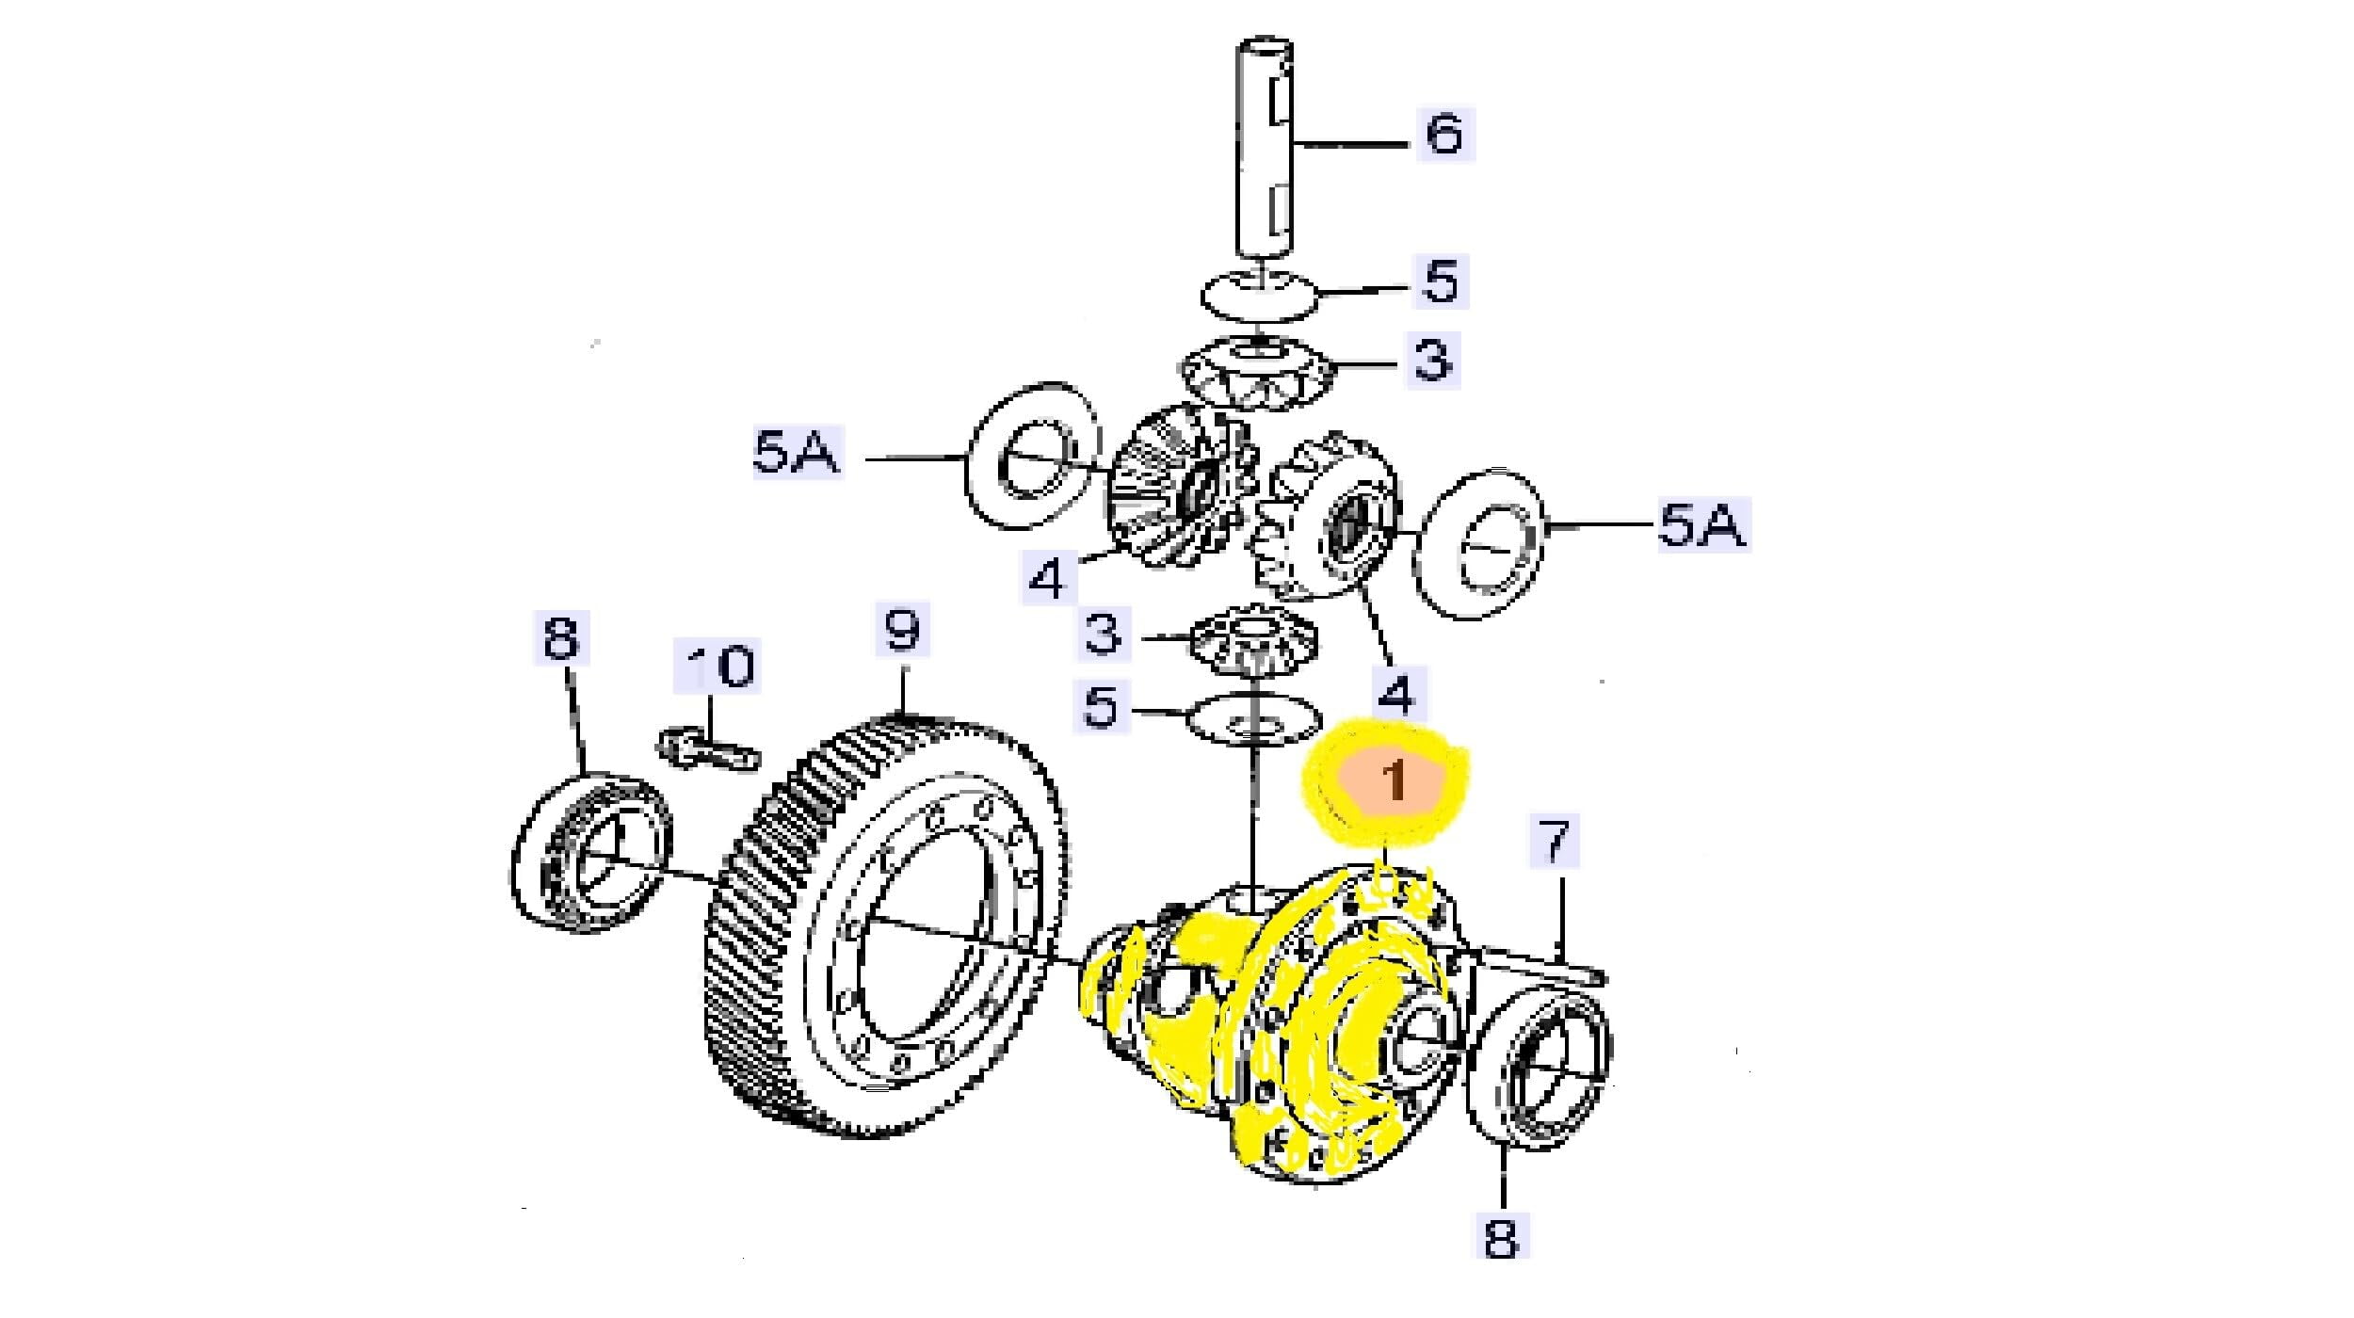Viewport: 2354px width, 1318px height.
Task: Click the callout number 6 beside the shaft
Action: coord(1444,133)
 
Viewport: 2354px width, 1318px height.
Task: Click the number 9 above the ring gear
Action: coord(901,628)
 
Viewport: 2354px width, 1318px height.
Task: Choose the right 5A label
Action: coord(1701,524)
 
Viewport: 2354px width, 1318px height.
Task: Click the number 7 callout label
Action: coord(1554,840)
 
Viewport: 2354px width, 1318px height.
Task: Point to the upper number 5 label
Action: coord(1441,281)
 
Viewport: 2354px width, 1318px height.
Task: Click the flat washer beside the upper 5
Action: coord(1260,295)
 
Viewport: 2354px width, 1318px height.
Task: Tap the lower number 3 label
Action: coord(1103,633)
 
